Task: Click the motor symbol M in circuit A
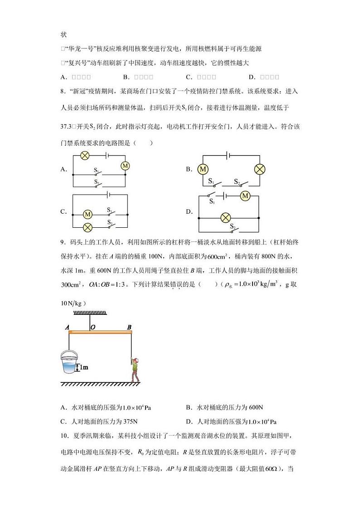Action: pyautogui.click(x=125, y=166)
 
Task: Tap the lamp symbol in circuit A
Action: pyautogui.click(x=84, y=156)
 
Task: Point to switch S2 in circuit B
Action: pyautogui.click(x=243, y=183)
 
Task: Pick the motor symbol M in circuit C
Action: pyautogui.click(x=88, y=214)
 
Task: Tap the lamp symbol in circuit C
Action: pyautogui.click(x=88, y=226)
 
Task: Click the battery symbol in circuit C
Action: pyautogui.click(x=108, y=195)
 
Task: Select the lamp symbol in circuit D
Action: pyautogui.click(x=225, y=218)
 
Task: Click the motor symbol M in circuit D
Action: pyautogui.click(x=245, y=196)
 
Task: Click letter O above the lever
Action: pyautogui.click(x=92, y=327)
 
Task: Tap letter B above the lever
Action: pyautogui.click(x=129, y=327)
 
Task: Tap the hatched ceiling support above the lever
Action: pyautogui.click(x=89, y=313)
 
